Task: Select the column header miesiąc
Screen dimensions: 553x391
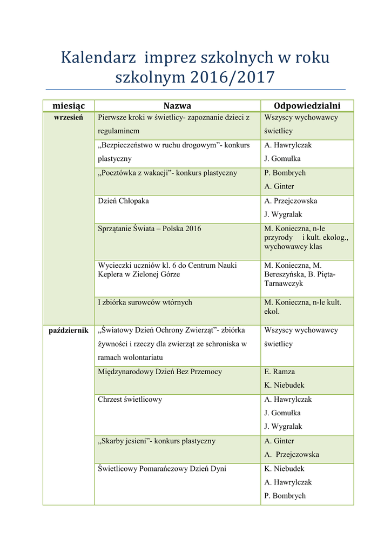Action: [69, 106]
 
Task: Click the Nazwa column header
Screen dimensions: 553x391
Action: [177, 106]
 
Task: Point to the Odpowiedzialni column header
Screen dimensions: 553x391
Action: [307, 106]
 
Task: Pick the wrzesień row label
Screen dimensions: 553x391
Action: [69, 118]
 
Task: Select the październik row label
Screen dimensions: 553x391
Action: [69, 331]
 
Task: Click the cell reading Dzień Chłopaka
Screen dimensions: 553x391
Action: [123, 201]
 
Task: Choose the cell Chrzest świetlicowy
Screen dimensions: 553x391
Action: [130, 400]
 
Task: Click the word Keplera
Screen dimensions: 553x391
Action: [112, 274]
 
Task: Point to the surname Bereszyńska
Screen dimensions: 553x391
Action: [288, 274]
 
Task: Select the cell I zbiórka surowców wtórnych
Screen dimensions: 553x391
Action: [145, 302]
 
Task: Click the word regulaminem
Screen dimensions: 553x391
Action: [118, 131]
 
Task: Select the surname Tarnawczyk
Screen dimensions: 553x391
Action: [284, 284]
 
